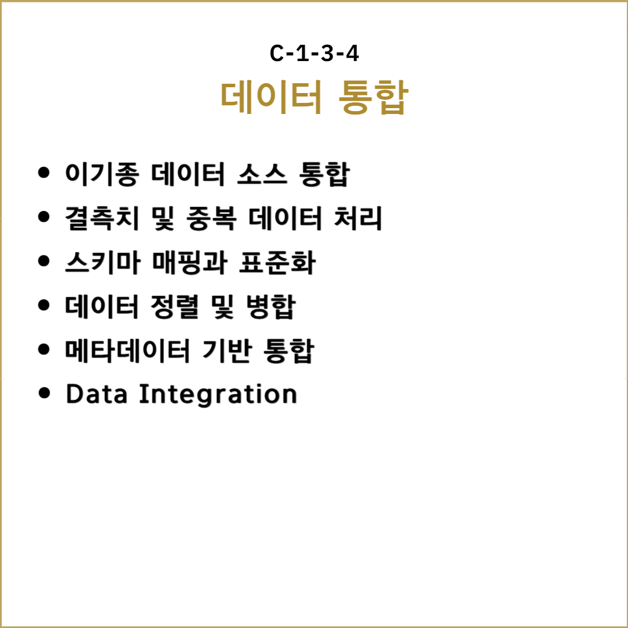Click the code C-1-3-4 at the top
click(x=314, y=53)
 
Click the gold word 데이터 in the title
click(x=271, y=97)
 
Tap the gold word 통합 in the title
click(x=373, y=97)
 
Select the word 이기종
click(x=102, y=174)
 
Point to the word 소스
click(x=262, y=174)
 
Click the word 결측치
click(x=102, y=218)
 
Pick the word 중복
click(x=212, y=218)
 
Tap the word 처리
click(x=358, y=218)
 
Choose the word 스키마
click(x=103, y=262)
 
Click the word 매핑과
click(x=190, y=262)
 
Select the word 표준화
click(x=277, y=262)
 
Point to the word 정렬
click(x=174, y=306)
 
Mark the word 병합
click(x=271, y=306)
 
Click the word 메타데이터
click(x=127, y=351)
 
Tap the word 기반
click(x=227, y=351)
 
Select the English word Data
click(x=97, y=394)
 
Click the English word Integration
click(x=218, y=395)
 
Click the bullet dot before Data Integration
click(x=44, y=393)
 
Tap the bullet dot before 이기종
click(x=44, y=173)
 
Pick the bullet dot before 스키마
click(x=44, y=261)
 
